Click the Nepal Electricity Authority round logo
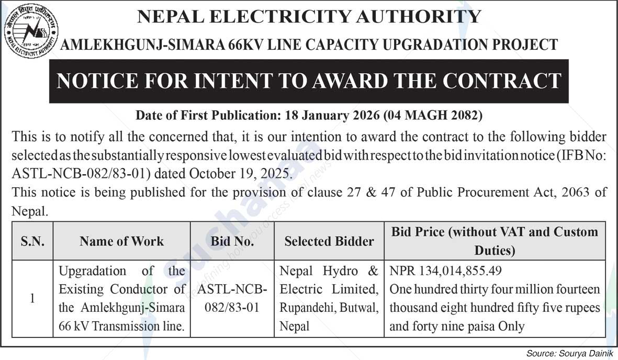click(x=31, y=31)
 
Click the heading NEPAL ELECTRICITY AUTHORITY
click(x=309, y=16)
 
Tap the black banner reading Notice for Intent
click(x=309, y=81)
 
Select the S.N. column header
click(x=32, y=241)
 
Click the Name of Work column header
click(x=121, y=241)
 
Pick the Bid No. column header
click(x=232, y=241)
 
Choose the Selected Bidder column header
click(x=329, y=241)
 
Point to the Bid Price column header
click(x=495, y=241)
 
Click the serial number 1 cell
click(x=32, y=299)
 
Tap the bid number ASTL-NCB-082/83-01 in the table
click(x=232, y=298)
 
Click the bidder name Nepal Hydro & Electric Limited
click(x=329, y=280)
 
